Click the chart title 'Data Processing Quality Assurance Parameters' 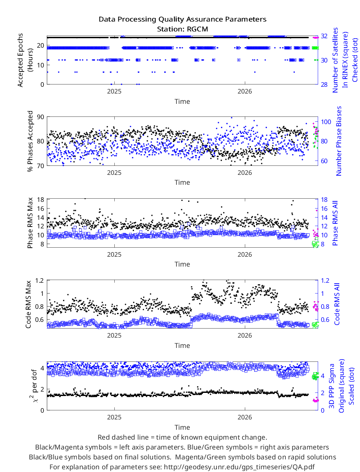(183, 20)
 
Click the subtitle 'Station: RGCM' (183, 29)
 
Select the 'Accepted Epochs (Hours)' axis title (25, 60)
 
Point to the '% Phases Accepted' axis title (30, 142)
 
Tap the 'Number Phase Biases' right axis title (339, 141)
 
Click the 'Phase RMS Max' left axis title (30, 223)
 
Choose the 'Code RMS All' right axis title (337, 304)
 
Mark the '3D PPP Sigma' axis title (332, 386)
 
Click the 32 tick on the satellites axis (324, 36)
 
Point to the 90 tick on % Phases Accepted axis (40, 117)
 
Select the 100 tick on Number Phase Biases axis (326, 122)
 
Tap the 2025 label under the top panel (114, 91)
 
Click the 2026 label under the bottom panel (245, 417)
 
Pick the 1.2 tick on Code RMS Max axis (40, 281)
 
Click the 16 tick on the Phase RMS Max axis (40, 209)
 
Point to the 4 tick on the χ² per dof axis (42, 368)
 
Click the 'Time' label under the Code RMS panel (182, 346)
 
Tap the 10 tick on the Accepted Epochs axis (40, 65)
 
